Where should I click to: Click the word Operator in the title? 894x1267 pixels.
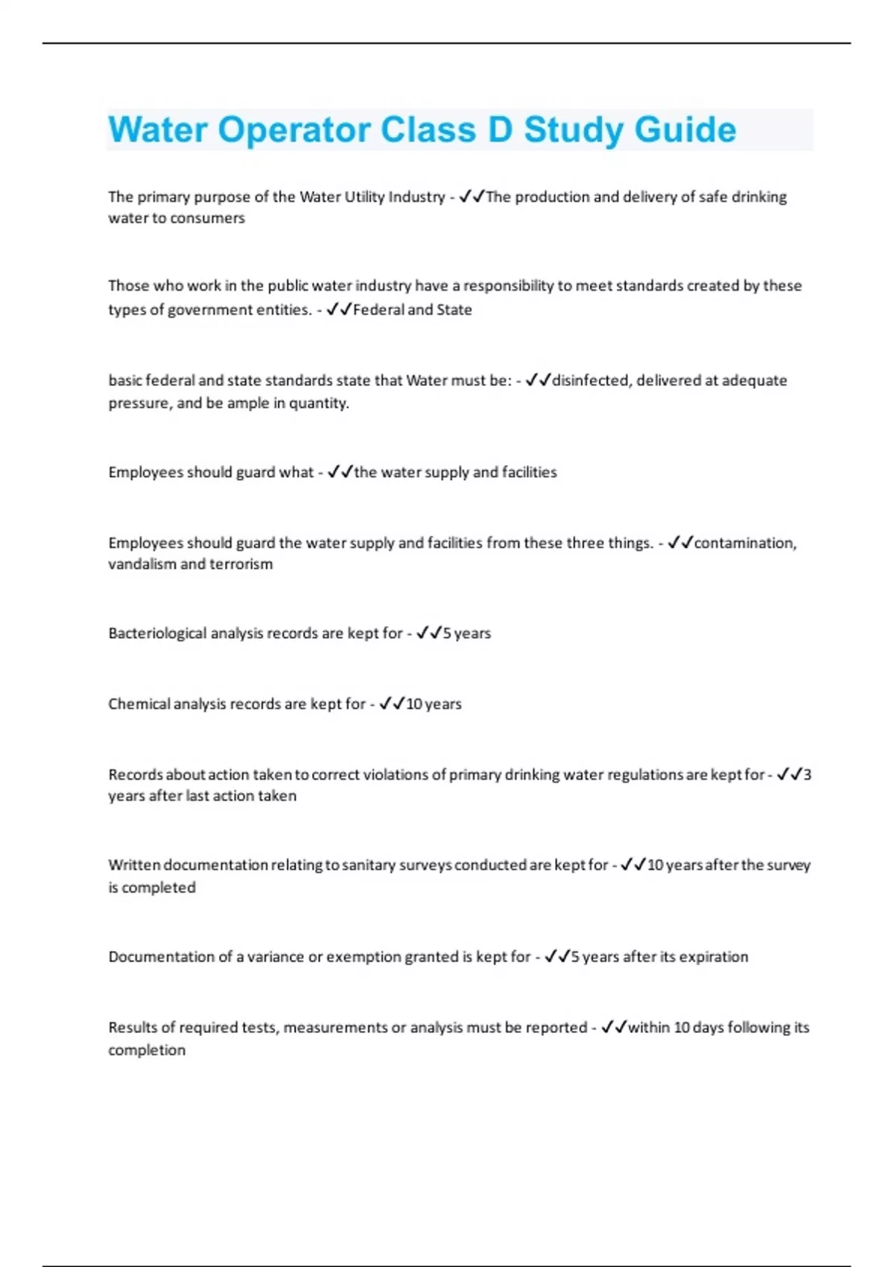[x=294, y=130]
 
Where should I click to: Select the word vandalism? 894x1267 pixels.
[x=142, y=564]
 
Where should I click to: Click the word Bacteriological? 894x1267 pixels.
[x=156, y=633]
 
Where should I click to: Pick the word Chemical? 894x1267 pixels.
[x=139, y=704]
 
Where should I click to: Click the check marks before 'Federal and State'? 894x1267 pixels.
[x=339, y=309]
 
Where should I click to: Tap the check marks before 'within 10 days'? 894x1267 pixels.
[x=614, y=1028]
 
